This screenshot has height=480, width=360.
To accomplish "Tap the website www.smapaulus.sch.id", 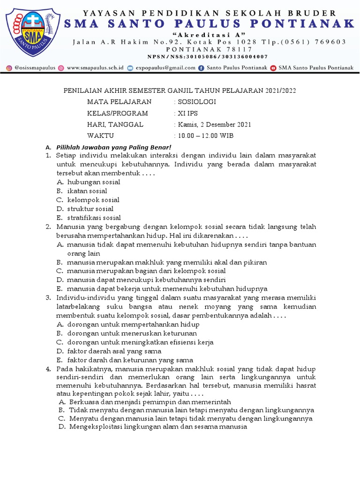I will (95, 68).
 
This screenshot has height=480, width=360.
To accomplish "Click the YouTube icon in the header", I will (273, 68).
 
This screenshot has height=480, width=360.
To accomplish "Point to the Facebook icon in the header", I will (202, 68).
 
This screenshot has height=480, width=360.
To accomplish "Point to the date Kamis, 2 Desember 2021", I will (214, 124).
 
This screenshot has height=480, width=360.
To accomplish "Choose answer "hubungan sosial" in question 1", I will (94, 182).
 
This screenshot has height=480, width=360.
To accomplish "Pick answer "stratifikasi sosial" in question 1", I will (94, 217).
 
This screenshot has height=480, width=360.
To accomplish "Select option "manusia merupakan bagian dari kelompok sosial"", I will (146, 271).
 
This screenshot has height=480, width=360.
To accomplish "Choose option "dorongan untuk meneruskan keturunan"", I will (132, 333).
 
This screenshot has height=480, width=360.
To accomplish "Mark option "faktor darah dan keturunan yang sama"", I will (130, 360).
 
